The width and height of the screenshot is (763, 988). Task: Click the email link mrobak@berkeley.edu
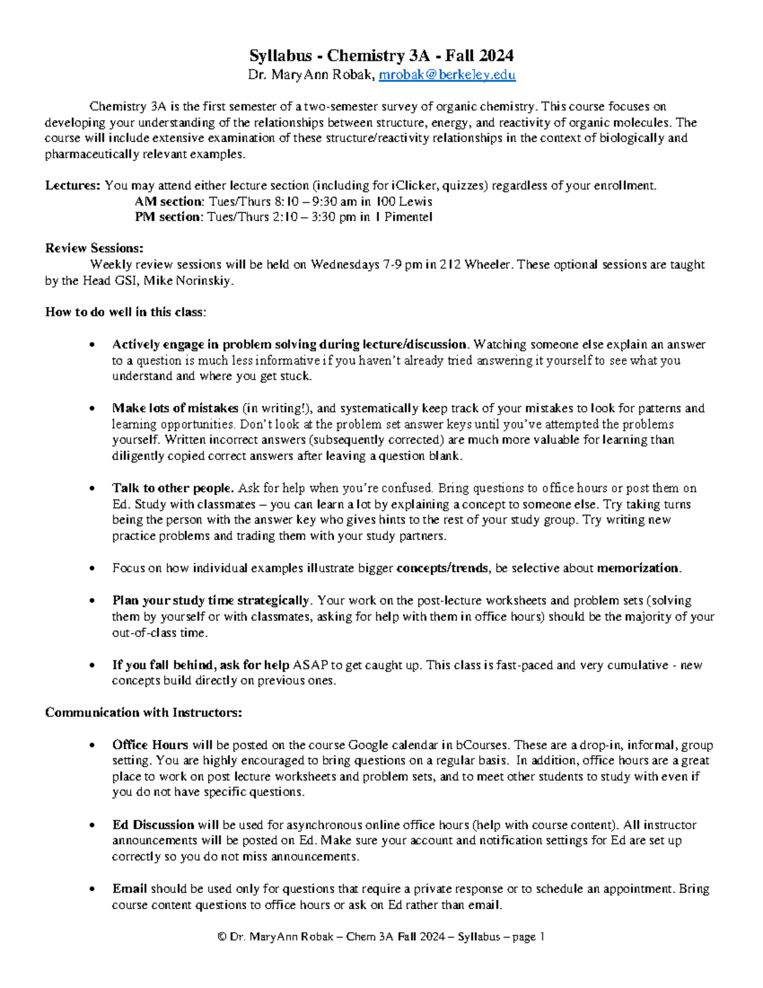pyautogui.click(x=447, y=75)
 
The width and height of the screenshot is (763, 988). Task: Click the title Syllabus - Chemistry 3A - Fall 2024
pyautogui.click(x=381, y=55)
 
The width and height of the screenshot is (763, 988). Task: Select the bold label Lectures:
pyautogui.click(x=72, y=186)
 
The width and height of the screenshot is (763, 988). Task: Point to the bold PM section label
pyautogui.click(x=168, y=217)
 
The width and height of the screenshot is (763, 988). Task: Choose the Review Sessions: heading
pyautogui.click(x=94, y=248)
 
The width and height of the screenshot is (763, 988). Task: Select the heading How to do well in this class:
pyautogui.click(x=125, y=312)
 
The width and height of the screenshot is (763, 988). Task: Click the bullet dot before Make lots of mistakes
pyautogui.click(x=93, y=408)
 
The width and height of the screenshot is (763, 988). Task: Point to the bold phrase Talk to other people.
pyautogui.click(x=173, y=489)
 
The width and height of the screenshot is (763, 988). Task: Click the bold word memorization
pyautogui.click(x=638, y=568)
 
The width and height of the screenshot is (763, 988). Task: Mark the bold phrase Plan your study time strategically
pyautogui.click(x=211, y=601)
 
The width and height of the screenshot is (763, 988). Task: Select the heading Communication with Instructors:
pyautogui.click(x=143, y=713)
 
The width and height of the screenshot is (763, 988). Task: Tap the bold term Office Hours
pyautogui.click(x=150, y=745)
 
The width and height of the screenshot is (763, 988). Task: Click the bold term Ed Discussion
pyautogui.click(x=153, y=825)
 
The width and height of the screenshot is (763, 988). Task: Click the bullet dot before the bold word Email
pyautogui.click(x=93, y=889)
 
